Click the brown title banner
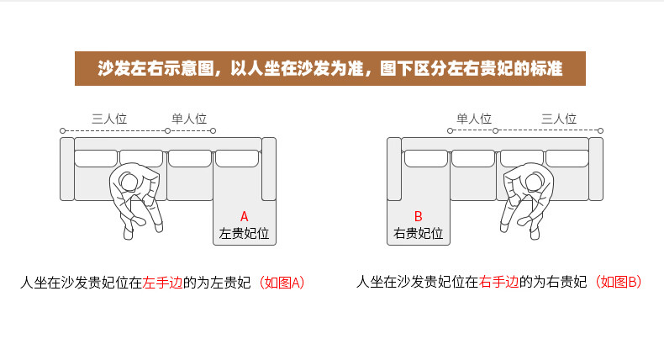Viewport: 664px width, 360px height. [329, 68]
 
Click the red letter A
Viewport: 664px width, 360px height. [244, 217]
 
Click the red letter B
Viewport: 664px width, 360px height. [418, 216]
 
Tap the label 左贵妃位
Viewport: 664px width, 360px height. [244, 233]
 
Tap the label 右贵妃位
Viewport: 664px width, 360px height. [418, 233]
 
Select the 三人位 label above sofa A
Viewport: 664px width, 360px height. [109, 119]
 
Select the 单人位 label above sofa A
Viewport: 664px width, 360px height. [189, 119]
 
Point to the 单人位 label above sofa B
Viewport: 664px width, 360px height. [474, 119]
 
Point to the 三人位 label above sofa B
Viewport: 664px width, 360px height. [559, 119]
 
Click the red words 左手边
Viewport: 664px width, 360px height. [162, 283]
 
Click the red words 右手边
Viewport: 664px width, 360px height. [499, 282]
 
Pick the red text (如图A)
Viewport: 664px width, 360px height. [282, 283]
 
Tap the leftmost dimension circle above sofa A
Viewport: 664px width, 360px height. [63, 130]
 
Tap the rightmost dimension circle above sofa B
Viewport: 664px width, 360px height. [600, 130]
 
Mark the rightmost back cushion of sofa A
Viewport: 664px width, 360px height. [237, 158]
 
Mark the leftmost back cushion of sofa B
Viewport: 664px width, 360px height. [426, 158]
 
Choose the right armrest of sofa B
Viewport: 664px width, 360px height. [596, 169]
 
